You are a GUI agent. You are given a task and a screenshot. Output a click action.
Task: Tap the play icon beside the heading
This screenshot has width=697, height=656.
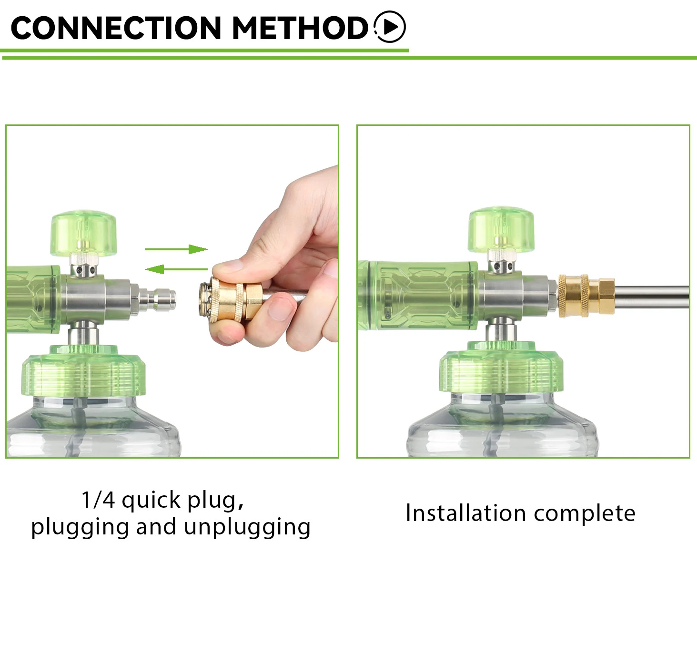[389, 27]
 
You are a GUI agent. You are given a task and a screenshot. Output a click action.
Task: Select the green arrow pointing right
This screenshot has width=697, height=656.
[176, 249]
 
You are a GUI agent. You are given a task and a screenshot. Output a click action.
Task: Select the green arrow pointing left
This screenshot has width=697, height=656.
[176, 269]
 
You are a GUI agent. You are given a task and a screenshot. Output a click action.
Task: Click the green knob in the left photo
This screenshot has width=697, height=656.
[83, 234]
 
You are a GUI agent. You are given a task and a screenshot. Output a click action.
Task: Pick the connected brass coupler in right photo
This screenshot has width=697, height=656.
[586, 296]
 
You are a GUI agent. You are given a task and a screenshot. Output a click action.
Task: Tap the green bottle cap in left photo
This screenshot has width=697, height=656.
[83, 372]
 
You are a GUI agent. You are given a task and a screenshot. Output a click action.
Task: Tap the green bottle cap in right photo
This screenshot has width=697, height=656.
[501, 369]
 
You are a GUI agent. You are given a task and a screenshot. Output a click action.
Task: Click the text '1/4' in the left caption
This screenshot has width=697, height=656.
[98, 500]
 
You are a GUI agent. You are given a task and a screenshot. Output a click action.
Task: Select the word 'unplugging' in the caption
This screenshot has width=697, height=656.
[247, 527]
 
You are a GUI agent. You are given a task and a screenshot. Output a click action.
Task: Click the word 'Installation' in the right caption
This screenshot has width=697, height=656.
[465, 513]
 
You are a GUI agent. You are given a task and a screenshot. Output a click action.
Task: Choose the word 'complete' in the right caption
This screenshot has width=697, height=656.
[585, 514]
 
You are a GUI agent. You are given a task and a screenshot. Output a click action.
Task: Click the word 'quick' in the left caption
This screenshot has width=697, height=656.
[151, 501]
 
